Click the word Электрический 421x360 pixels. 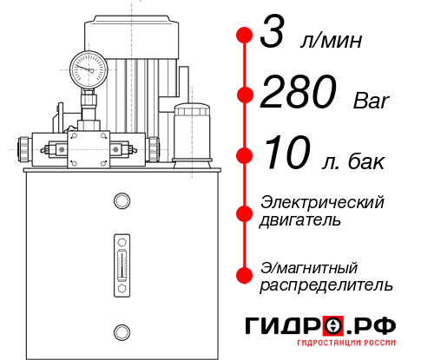322,202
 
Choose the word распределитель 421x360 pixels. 326,285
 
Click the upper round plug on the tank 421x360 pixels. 122,201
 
